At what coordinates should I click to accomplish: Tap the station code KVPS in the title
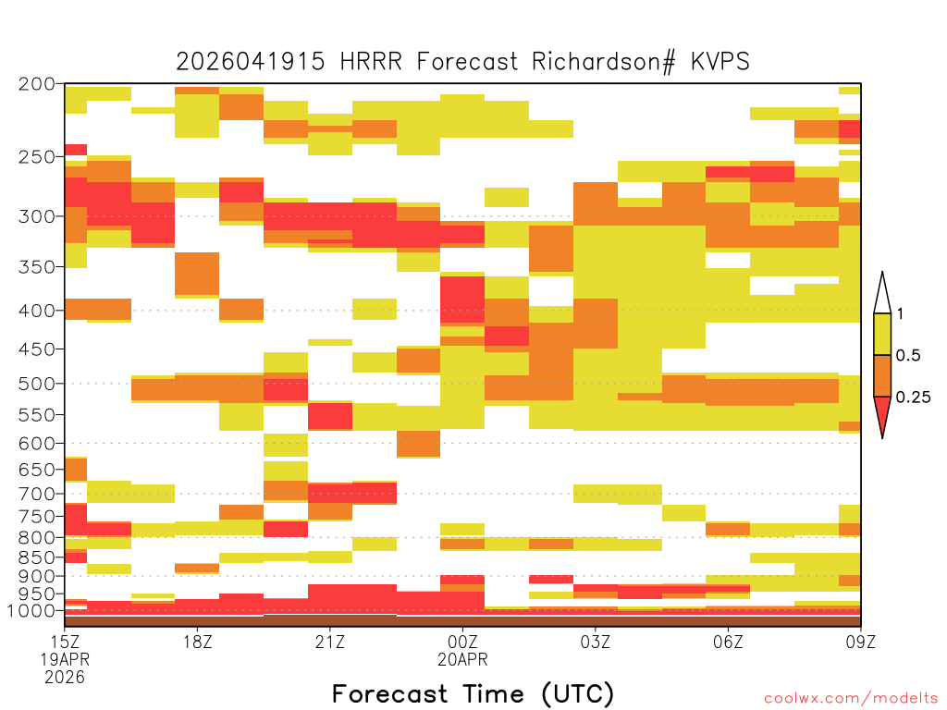tap(720, 62)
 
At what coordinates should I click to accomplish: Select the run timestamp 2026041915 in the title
tap(251, 62)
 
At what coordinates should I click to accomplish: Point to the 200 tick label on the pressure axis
tap(36, 84)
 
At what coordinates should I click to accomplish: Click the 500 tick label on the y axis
tap(36, 384)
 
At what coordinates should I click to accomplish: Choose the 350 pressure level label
tap(36, 267)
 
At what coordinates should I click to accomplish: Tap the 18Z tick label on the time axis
tap(198, 642)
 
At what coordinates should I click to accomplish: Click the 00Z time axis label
tap(462, 642)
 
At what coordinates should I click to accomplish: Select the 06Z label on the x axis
tap(728, 642)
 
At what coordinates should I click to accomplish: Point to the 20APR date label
tap(462, 659)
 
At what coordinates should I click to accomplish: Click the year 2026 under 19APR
tap(65, 678)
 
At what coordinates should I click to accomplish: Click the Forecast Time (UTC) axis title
tap(473, 694)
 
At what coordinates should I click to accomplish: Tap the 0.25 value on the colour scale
tap(913, 398)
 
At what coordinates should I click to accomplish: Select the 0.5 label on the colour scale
tap(908, 356)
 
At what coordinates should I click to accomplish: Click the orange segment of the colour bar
tap(882, 375)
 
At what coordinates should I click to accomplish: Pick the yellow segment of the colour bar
tap(882, 334)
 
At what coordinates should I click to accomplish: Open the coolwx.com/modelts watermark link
tap(851, 699)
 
